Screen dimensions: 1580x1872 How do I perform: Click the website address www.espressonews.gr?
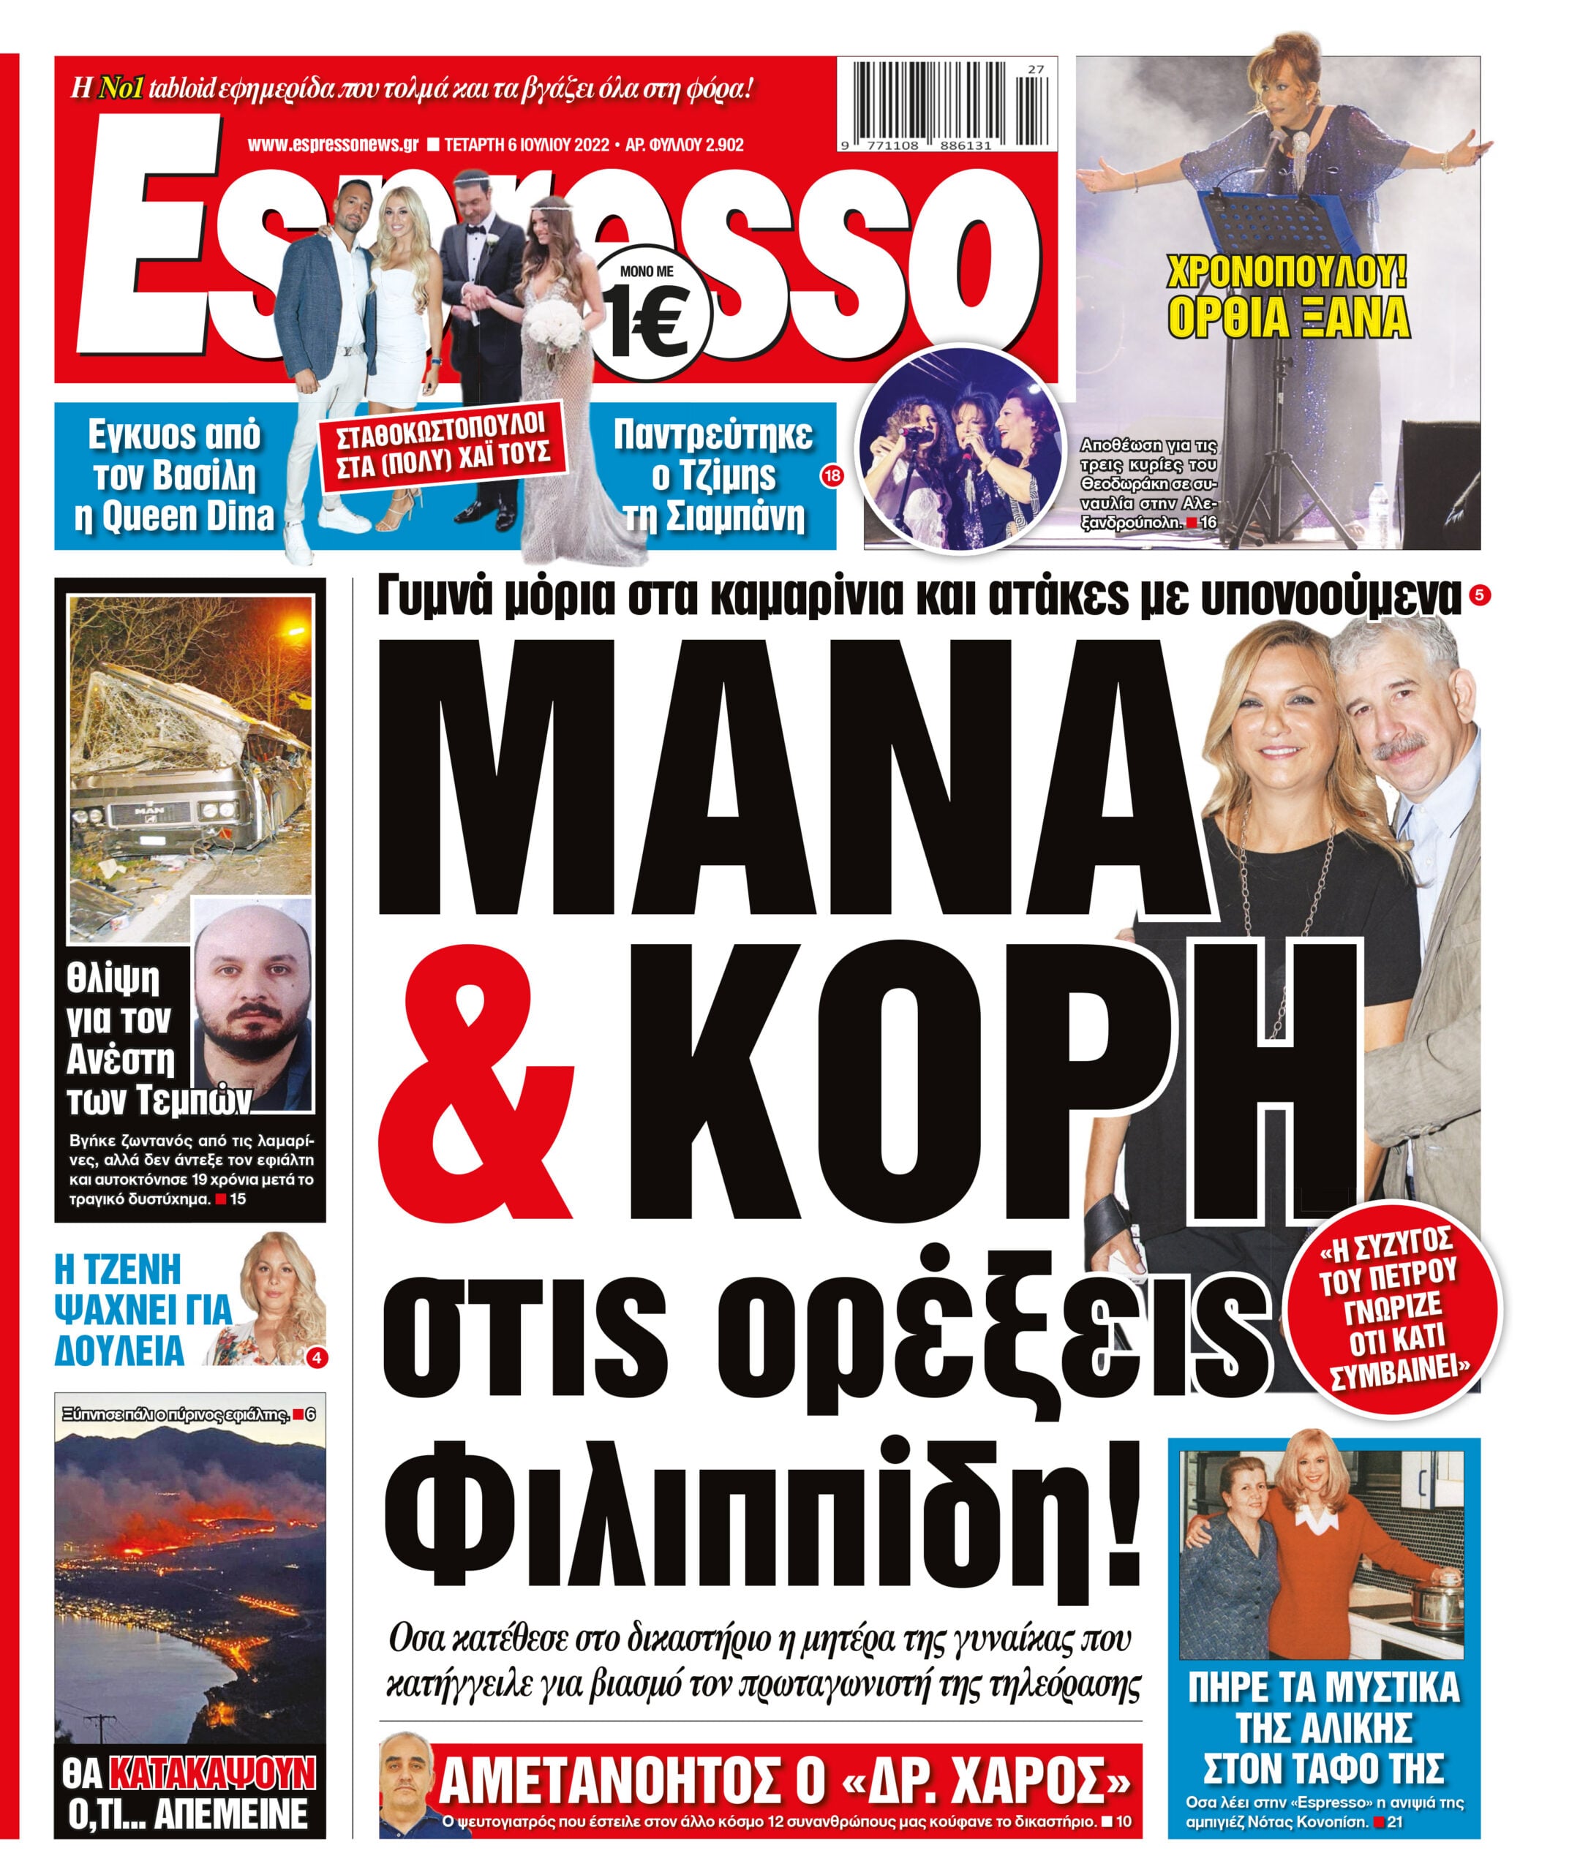point(334,145)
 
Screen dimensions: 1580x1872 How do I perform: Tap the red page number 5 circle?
point(1480,595)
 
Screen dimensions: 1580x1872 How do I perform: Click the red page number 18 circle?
point(832,476)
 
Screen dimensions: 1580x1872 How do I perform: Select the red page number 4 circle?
point(316,1358)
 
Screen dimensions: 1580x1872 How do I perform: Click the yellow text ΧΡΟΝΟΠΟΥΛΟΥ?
point(1287,272)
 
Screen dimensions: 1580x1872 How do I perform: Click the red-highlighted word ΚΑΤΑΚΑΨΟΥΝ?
point(212,1773)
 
